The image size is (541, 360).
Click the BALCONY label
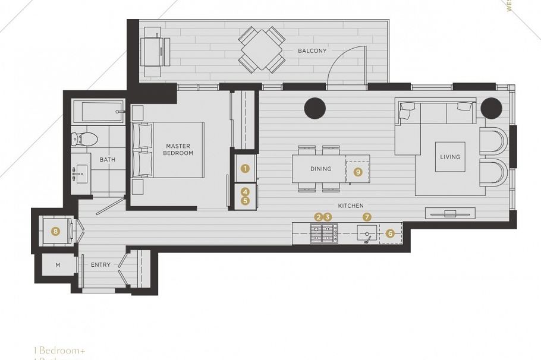[312, 51]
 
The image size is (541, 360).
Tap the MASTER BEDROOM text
[178, 150]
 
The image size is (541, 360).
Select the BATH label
[108, 159]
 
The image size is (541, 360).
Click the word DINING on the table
[320, 169]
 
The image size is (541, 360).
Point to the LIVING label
[450, 157]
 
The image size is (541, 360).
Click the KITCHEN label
[351, 206]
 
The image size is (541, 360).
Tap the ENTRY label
[100, 265]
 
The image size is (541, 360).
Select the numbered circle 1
[244, 169]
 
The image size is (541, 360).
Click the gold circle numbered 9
[358, 172]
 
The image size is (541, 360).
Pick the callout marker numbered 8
[56, 231]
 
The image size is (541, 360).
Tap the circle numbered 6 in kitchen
[390, 233]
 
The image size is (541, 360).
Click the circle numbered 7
[367, 217]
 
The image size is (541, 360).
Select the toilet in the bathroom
[85, 139]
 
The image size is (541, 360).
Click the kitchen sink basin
[367, 233]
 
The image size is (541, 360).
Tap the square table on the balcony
[262, 50]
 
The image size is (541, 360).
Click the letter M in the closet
[58, 265]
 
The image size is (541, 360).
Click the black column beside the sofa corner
[492, 108]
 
